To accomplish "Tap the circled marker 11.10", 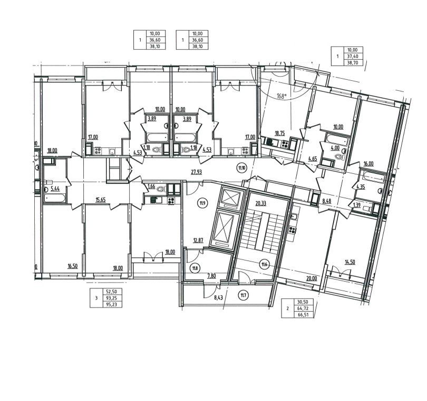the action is [x=242, y=169].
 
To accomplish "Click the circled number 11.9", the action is [x=202, y=202].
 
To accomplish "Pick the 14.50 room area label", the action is [x=350, y=262].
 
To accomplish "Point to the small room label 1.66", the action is [x=151, y=186].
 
